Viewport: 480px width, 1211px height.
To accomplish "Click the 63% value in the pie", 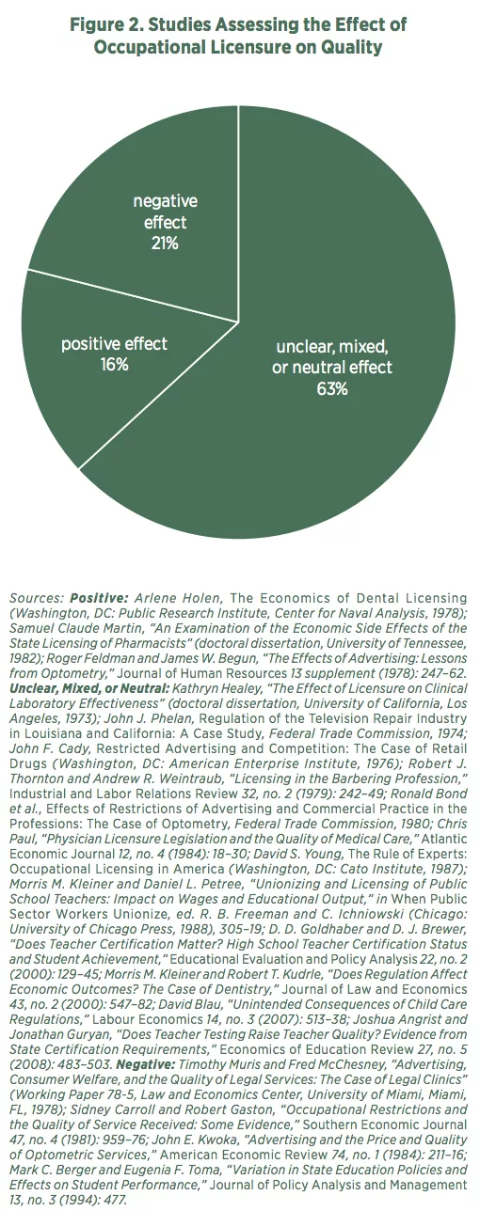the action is [332, 388].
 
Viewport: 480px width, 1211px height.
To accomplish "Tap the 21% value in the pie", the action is [165, 244].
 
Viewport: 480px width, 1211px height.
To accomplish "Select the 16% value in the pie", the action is [114, 365].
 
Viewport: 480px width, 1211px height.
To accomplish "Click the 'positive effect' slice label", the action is [114, 344].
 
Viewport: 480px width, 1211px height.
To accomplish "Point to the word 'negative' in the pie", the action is [166, 201].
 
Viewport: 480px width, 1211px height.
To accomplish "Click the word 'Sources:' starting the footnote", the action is [38, 599].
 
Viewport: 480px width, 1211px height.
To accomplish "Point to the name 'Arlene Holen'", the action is [177, 599].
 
